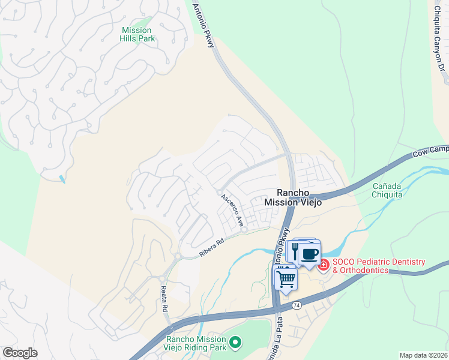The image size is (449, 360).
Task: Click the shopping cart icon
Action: (286, 278)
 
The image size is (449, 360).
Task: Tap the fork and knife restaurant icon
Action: (295, 250)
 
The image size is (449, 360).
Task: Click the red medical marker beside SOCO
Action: (324, 265)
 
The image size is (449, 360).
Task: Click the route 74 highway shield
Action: (297, 305)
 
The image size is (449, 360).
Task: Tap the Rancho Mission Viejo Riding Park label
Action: (196, 343)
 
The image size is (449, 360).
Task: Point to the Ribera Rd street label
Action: (211, 250)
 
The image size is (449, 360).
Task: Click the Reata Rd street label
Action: (164, 298)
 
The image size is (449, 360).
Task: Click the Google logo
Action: (20, 352)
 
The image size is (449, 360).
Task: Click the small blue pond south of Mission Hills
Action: (62, 178)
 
